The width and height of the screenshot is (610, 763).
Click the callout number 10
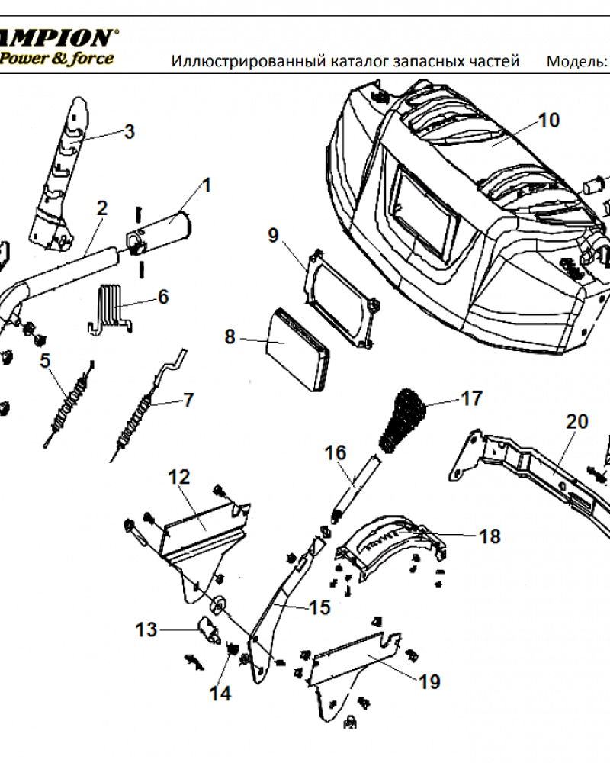point(548,120)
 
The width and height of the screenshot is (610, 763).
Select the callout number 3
point(130,131)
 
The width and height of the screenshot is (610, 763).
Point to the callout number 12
point(178,478)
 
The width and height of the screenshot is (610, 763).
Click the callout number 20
point(577,421)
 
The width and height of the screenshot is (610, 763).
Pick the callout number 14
point(221,693)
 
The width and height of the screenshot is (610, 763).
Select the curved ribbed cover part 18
point(389,543)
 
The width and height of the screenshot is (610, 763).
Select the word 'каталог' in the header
point(361,61)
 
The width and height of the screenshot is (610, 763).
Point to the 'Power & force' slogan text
point(57,57)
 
